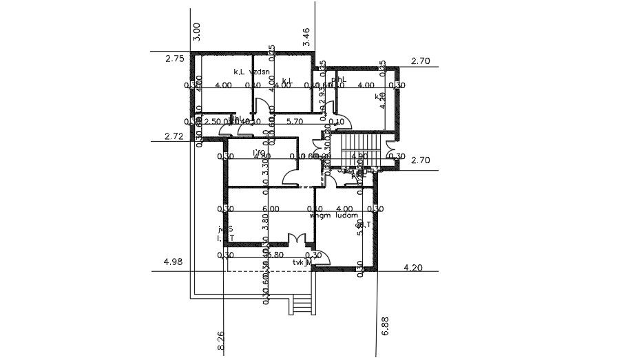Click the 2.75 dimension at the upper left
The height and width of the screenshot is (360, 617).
175,60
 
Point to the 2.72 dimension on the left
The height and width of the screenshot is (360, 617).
175,137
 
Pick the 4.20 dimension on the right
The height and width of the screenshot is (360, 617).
416,267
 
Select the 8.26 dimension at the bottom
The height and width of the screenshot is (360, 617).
221,342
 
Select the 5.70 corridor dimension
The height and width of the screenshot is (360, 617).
294,122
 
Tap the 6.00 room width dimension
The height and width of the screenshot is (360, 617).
271,209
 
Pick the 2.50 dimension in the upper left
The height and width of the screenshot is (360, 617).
213,122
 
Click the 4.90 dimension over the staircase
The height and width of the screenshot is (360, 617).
359,156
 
